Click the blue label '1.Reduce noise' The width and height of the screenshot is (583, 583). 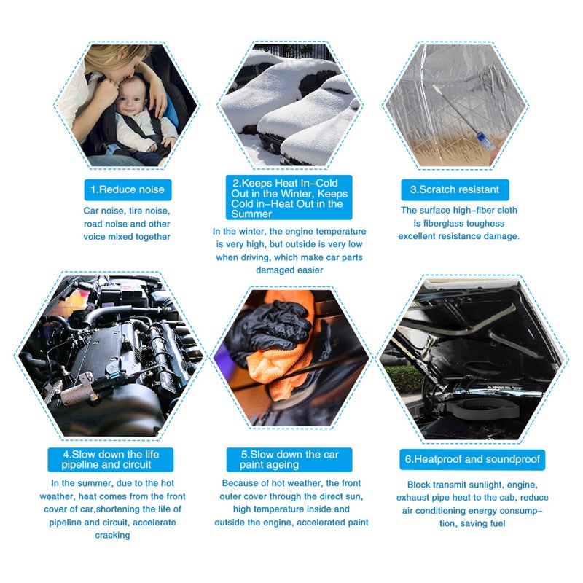128,189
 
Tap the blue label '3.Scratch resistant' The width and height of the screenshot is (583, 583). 455,189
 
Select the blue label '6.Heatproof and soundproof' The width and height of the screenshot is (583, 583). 472,460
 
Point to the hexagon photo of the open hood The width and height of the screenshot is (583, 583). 472,357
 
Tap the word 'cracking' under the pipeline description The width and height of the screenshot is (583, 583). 112,535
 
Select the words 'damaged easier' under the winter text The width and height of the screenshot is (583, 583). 289,270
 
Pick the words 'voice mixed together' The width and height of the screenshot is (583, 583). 127,236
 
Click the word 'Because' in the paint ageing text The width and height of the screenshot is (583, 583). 241,483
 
